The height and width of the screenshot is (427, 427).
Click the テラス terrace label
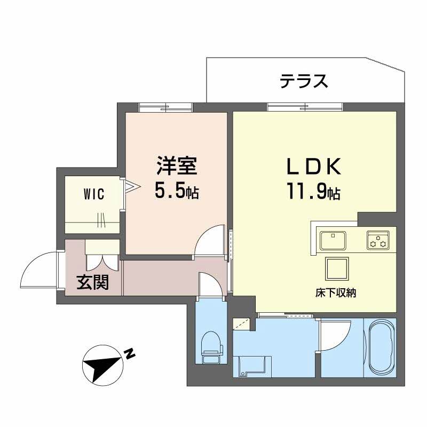point(303,81)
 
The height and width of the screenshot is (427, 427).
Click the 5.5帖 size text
point(176,191)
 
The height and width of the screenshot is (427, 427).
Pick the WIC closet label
point(93,193)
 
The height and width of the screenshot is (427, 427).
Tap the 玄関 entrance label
point(92,282)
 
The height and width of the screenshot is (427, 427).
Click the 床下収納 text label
point(335,292)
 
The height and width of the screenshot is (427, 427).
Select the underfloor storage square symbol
point(337,267)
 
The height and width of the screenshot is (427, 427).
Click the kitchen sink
point(333,240)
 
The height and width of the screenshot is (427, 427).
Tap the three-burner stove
point(378,240)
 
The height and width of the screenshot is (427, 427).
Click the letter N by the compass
point(129,353)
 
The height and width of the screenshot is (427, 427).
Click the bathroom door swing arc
point(335,335)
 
